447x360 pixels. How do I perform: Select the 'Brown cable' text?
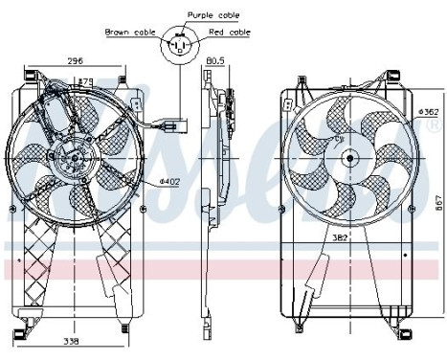[131, 32]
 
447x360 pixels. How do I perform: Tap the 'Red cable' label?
[230, 32]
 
